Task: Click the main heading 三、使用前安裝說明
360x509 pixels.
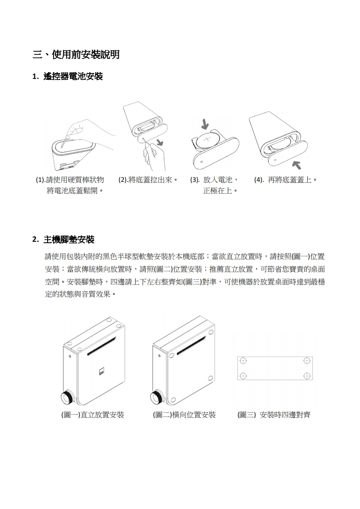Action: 76,54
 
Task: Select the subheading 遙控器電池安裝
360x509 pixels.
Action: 73,77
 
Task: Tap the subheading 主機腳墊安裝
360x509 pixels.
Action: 69,240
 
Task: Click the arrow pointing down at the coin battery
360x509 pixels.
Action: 205,124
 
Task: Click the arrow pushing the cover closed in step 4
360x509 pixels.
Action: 296,165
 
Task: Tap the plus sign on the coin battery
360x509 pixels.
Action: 207,140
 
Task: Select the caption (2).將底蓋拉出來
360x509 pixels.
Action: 148,180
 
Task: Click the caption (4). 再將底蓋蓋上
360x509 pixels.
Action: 285,180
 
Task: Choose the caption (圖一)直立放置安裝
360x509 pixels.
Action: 93,415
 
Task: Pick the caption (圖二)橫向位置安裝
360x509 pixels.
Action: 184,415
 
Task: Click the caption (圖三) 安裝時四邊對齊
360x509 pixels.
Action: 274,415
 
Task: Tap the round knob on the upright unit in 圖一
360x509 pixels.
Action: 68,398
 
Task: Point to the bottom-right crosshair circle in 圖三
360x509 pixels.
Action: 307,376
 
